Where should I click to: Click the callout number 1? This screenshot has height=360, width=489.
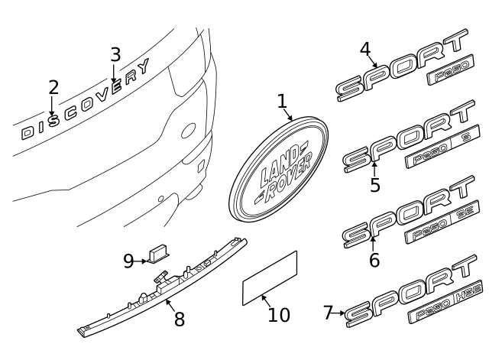tap(281, 101)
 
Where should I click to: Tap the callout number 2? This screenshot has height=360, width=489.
tap(53, 88)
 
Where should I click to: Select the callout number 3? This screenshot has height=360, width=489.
tap(115, 55)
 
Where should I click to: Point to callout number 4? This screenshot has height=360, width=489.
tap(365, 50)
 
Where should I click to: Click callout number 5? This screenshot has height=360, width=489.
tap(374, 185)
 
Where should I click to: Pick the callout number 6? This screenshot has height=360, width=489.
tap(374, 260)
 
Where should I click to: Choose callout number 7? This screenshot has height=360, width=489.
tap(328, 313)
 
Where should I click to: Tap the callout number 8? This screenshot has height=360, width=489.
tap(179, 319)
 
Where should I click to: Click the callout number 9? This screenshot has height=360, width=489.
tap(128, 261)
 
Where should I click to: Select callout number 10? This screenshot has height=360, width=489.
tap(279, 314)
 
